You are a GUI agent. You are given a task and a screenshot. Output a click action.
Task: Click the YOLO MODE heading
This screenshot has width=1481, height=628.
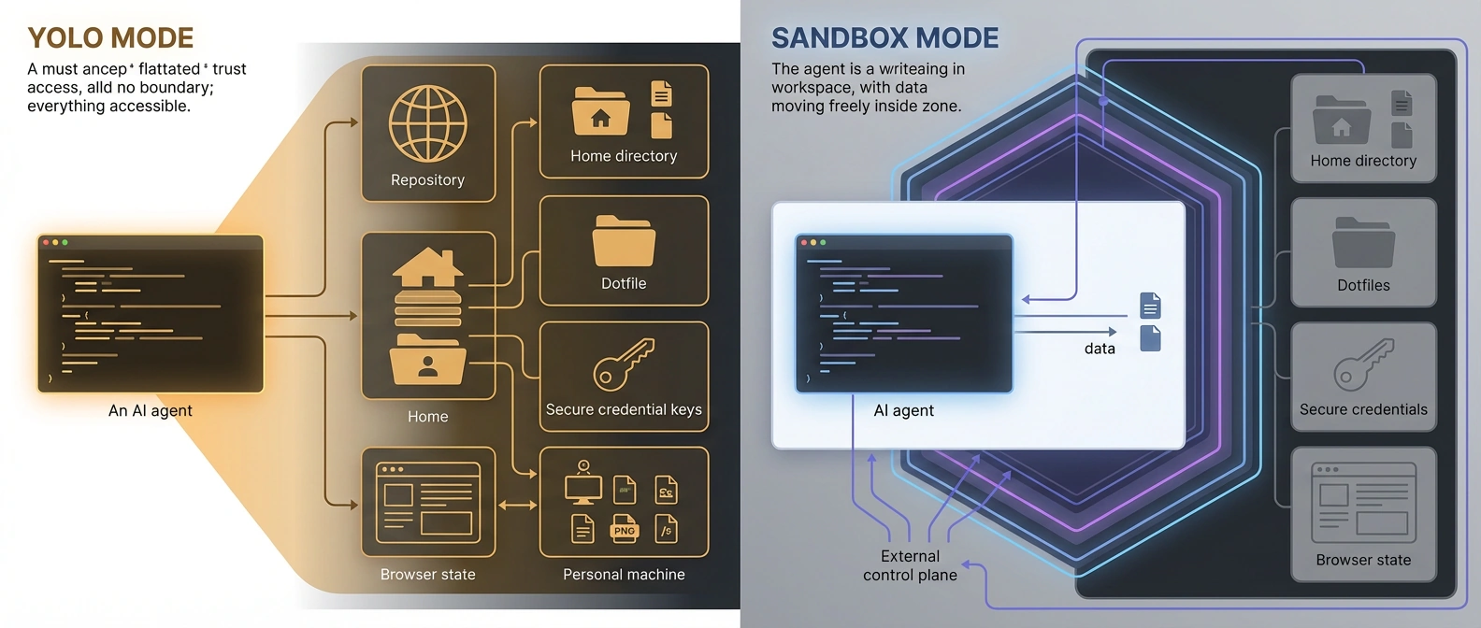pos(110,37)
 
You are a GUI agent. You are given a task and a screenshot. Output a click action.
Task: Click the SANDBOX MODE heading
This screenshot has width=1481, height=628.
pos(884,37)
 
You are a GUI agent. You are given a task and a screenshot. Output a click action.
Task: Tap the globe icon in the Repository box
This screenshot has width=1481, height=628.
pos(428,123)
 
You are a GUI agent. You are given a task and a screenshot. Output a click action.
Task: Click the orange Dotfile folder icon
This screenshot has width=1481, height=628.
pos(624,241)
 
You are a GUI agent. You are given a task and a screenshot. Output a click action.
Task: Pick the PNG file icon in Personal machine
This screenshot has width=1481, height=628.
pos(624,528)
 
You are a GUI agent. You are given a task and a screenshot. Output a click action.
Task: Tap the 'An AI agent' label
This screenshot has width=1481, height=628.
pos(151,410)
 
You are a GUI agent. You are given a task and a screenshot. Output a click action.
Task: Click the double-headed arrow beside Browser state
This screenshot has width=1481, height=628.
pos(517,505)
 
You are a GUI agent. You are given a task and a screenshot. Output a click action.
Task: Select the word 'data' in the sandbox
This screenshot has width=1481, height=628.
pos(1100,349)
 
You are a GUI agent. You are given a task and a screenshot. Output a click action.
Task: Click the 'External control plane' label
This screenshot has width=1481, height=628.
pos(910,565)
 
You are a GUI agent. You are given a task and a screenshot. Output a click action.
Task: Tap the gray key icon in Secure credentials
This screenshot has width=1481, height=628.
pos(1363,364)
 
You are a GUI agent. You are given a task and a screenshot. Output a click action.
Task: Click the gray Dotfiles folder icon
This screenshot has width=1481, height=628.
pos(1363,243)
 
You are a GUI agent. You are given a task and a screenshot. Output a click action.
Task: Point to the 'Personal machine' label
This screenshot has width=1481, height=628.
pos(624,575)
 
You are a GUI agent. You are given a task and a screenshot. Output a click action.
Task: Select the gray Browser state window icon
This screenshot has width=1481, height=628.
pos(1363,503)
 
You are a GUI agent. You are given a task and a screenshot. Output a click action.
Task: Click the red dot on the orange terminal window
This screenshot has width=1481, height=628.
pos(46,242)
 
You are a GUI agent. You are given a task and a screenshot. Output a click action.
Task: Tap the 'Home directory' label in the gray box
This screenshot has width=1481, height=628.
pos(1363,161)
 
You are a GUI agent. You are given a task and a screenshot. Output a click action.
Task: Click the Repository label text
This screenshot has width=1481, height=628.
pos(427,179)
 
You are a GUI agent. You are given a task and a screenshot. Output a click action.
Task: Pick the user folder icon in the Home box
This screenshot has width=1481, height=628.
pos(428,361)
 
